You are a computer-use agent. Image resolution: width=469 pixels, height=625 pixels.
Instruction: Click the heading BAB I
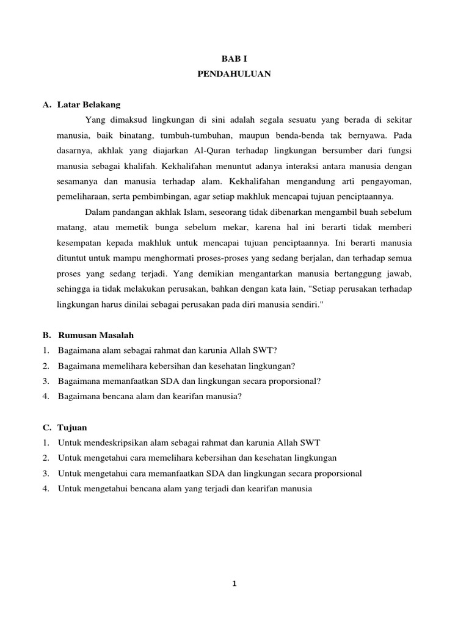point(234,59)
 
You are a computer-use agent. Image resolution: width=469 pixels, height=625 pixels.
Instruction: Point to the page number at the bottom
point(234,583)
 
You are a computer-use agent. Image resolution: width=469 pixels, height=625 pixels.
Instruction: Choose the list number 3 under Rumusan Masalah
point(46,381)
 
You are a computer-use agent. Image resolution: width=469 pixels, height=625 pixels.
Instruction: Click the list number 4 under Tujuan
point(46,488)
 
